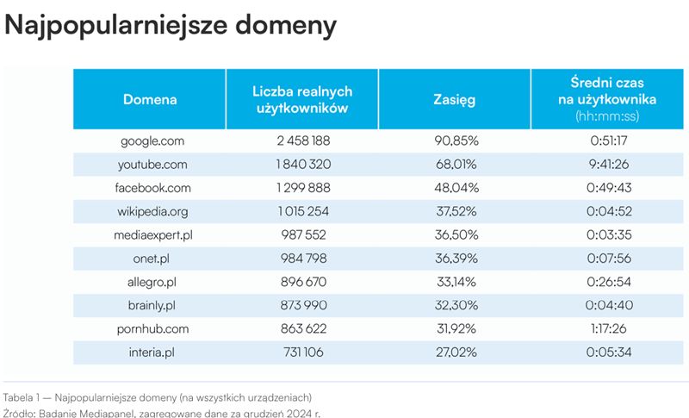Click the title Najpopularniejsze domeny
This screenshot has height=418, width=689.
(x=171, y=25)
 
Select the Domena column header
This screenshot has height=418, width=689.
(x=150, y=99)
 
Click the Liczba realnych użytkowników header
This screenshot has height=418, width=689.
(x=302, y=99)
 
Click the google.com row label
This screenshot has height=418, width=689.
(x=150, y=140)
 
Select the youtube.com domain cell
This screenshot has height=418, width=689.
(x=150, y=164)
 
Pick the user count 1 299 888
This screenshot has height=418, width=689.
(x=302, y=187)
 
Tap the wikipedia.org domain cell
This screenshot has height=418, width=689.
(x=150, y=210)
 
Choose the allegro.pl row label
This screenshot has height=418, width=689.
(x=150, y=282)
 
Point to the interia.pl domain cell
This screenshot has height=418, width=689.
(x=150, y=352)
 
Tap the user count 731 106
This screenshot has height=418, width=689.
(x=302, y=352)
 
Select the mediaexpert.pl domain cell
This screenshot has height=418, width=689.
(x=150, y=234)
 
